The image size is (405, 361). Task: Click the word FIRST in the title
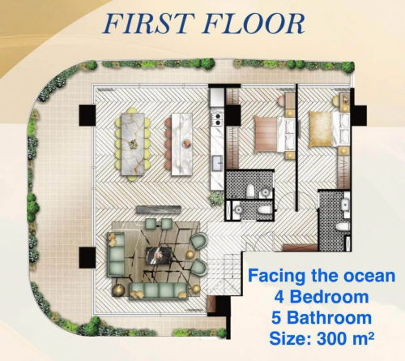147,24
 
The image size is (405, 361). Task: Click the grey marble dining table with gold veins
133,144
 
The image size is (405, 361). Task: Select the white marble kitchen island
181,144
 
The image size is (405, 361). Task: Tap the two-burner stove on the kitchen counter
218,119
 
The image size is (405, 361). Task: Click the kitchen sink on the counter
217,163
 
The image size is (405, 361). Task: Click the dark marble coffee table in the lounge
159,256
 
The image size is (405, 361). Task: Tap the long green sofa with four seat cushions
159,291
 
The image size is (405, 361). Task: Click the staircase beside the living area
224,270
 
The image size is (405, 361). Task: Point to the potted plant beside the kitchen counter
217,199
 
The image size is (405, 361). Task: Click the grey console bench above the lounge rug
159,209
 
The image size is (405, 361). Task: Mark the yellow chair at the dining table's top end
132,110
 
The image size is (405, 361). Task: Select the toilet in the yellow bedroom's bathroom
343,226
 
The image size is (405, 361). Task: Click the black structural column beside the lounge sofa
87,258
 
